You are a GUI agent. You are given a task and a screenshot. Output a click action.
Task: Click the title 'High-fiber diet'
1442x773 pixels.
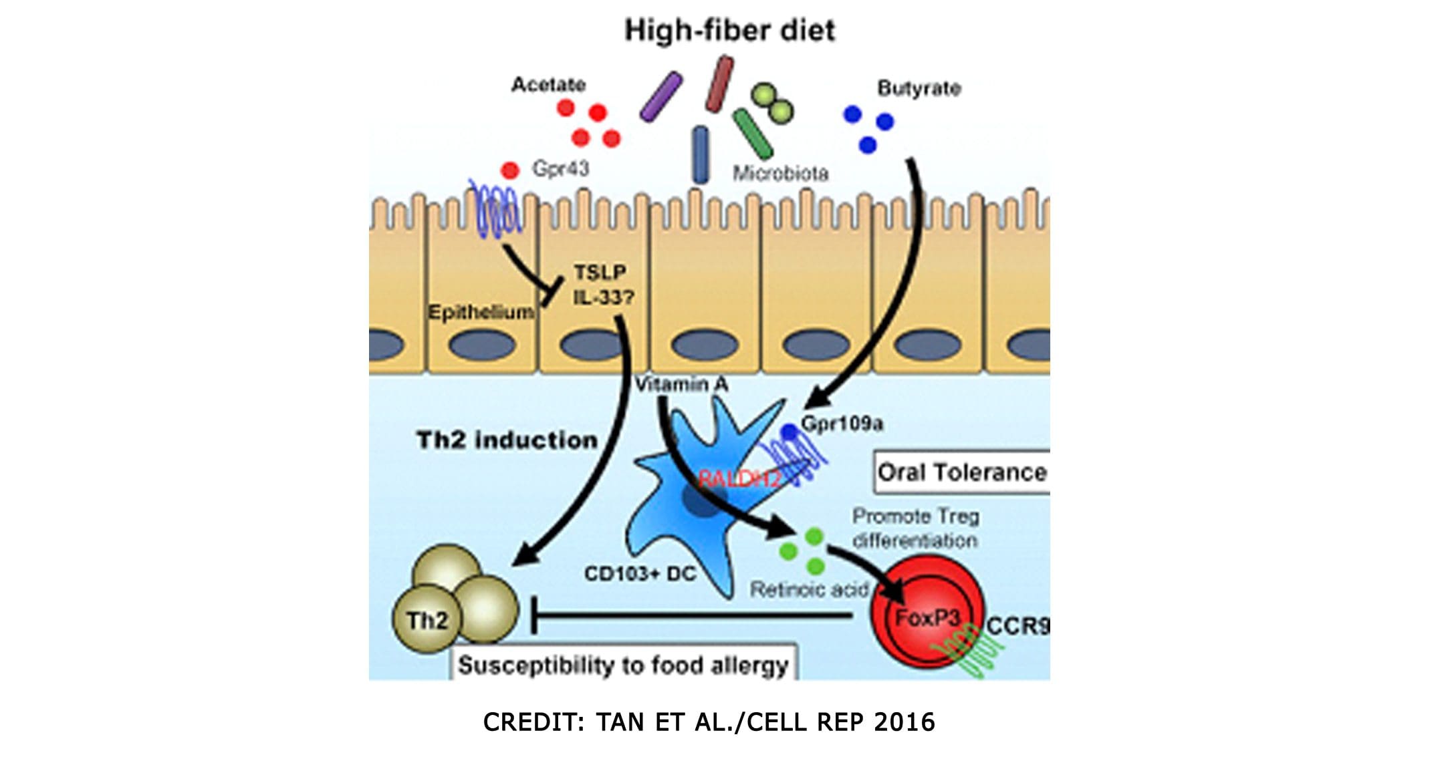pyautogui.click(x=729, y=31)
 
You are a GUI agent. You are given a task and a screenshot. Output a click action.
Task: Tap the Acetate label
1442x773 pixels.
pyautogui.click(x=548, y=85)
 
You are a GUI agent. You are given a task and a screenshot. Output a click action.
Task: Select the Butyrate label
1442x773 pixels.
pyautogui.click(x=919, y=88)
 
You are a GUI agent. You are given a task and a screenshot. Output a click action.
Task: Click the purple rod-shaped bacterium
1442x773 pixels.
pyautogui.click(x=660, y=98)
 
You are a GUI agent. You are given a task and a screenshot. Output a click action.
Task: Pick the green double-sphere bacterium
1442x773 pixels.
pyautogui.click(x=772, y=103)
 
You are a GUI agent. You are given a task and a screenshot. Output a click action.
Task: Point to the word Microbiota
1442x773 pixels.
pyautogui.click(x=780, y=174)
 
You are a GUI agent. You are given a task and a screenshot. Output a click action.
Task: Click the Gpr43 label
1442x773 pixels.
pyautogui.click(x=560, y=168)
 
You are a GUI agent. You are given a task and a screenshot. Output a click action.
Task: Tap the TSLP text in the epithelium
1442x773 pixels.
pyautogui.click(x=600, y=273)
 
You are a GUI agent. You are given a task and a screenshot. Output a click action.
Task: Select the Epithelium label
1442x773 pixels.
pyautogui.click(x=481, y=312)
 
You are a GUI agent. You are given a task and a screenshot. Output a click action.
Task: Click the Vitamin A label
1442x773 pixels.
pyautogui.click(x=681, y=385)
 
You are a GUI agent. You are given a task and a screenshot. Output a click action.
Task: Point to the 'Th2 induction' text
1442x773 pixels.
pyautogui.click(x=507, y=440)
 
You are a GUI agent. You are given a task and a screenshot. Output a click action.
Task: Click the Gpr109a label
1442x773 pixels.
pyautogui.click(x=842, y=424)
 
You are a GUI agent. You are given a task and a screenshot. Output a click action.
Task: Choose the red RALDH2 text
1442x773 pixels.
pyautogui.click(x=739, y=478)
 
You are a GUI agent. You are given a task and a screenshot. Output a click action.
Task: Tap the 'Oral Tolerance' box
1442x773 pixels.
pyautogui.click(x=961, y=472)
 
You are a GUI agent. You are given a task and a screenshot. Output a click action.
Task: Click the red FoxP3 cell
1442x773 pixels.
pyautogui.click(x=927, y=617)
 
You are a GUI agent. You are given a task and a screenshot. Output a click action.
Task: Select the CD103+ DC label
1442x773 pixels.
pyautogui.click(x=640, y=573)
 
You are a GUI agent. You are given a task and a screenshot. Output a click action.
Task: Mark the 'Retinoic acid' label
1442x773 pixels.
pyautogui.click(x=809, y=589)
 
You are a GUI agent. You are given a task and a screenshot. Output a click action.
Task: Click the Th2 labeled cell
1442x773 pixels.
pyautogui.click(x=428, y=620)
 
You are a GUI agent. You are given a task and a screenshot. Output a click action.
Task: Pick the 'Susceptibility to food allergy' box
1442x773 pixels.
pyautogui.click(x=623, y=665)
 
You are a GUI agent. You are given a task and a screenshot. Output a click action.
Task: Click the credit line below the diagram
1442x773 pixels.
pyautogui.click(x=709, y=722)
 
